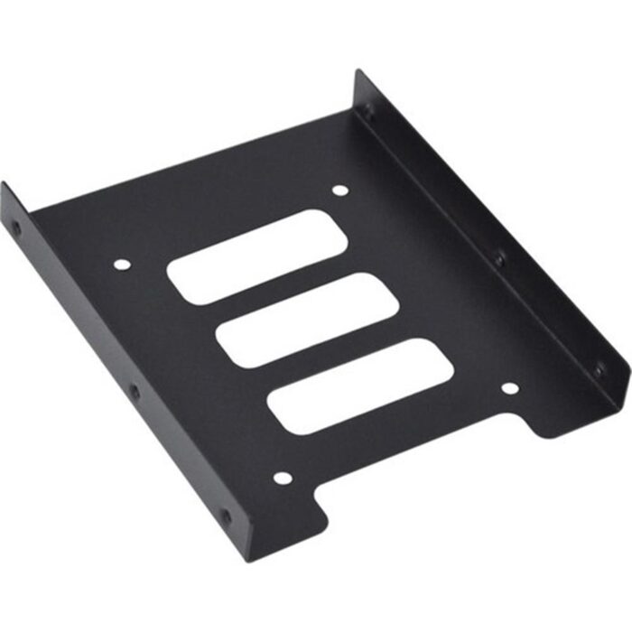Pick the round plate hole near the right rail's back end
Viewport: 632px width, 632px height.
coord(339,191)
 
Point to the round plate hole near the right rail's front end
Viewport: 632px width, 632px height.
coord(509,388)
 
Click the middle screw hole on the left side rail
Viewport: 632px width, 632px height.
coord(135,392)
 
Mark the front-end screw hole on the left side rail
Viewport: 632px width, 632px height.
coord(225,517)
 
